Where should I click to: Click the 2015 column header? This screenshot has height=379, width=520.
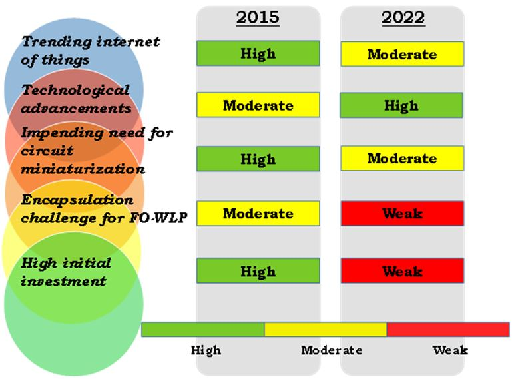(258, 17)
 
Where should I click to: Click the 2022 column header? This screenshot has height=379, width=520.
(403, 17)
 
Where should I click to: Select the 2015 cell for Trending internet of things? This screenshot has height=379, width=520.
(258, 53)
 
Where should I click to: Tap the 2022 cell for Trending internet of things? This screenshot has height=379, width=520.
(402, 54)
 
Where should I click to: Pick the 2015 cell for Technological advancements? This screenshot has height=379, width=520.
(258, 105)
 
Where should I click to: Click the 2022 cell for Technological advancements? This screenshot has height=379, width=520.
(402, 105)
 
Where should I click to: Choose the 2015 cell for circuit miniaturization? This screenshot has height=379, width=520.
(258, 159)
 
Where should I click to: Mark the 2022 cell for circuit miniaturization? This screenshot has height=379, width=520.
(402, 159)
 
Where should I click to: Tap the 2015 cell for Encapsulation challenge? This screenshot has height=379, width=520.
(258, 214)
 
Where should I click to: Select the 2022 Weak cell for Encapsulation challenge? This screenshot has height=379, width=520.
(402, 214)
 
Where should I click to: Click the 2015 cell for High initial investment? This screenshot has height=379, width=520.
(258, 271)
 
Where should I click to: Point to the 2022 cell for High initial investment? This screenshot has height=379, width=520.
(402, 271)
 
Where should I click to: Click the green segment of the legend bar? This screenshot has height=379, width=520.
(202, 330)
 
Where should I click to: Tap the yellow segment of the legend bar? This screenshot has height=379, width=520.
(325, 330)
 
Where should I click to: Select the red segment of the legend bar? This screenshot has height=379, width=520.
(447, 330)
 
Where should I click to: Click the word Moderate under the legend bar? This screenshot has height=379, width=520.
(332, 350)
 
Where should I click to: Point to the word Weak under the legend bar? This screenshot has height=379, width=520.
(450, 350)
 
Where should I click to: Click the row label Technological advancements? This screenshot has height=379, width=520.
(76, 98)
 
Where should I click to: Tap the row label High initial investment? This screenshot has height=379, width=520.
(66, 272)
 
